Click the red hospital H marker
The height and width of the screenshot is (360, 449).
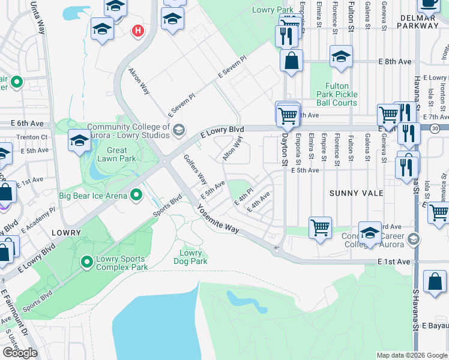139,31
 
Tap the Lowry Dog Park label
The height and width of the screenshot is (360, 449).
191,257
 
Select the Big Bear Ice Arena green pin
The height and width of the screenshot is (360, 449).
136,195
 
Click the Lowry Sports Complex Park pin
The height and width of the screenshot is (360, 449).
87,262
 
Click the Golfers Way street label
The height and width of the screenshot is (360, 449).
196,170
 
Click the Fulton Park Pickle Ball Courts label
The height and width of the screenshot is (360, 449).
337,94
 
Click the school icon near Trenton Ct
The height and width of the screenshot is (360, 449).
79,141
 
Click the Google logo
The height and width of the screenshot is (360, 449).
20,353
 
